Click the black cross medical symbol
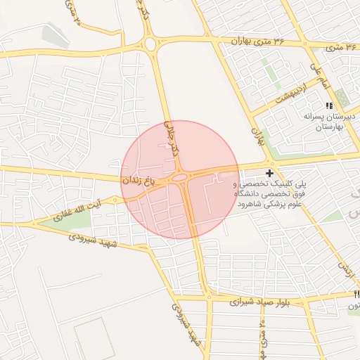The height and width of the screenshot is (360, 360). (x=269, y=172)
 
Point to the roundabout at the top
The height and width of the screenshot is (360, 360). (x=150, y=45)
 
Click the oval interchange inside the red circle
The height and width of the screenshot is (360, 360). (x=180, y=179)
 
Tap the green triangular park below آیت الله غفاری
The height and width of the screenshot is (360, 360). (x=67, y=220)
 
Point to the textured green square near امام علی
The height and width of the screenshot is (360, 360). (x=342, y=96)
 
